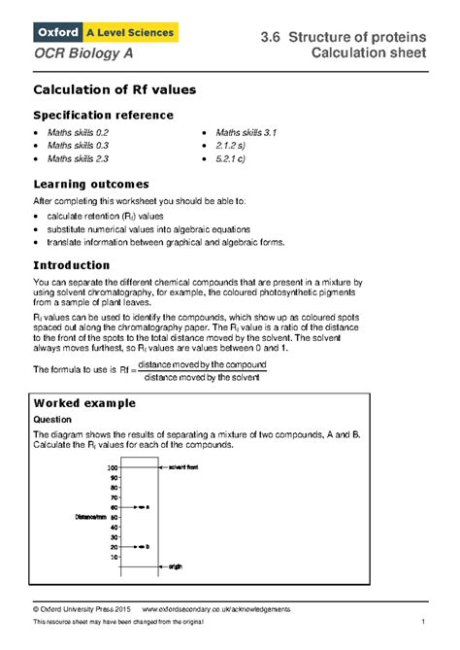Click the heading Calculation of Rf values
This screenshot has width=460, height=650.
tap(115, 89)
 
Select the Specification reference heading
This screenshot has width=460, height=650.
tap(103, 115)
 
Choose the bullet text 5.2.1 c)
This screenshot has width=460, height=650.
tap(237, 157)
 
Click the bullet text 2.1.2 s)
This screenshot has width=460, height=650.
tap(237, 144)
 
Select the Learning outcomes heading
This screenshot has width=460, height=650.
tap(90, 183)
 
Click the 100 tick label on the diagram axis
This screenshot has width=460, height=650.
tap(113, 467)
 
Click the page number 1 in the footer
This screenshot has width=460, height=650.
tap(424, 621)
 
